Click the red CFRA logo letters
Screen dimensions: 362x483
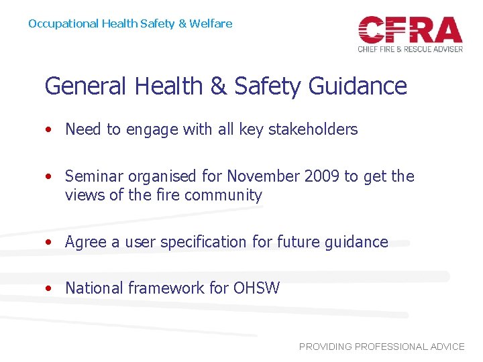point(410,29)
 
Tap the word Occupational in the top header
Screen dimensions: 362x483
point(64,24)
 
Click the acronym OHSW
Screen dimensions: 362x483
point(256,288)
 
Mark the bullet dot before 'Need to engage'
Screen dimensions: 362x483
point(50,130)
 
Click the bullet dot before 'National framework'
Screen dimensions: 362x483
point(50,289)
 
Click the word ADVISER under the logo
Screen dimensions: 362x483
point(444,49)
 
